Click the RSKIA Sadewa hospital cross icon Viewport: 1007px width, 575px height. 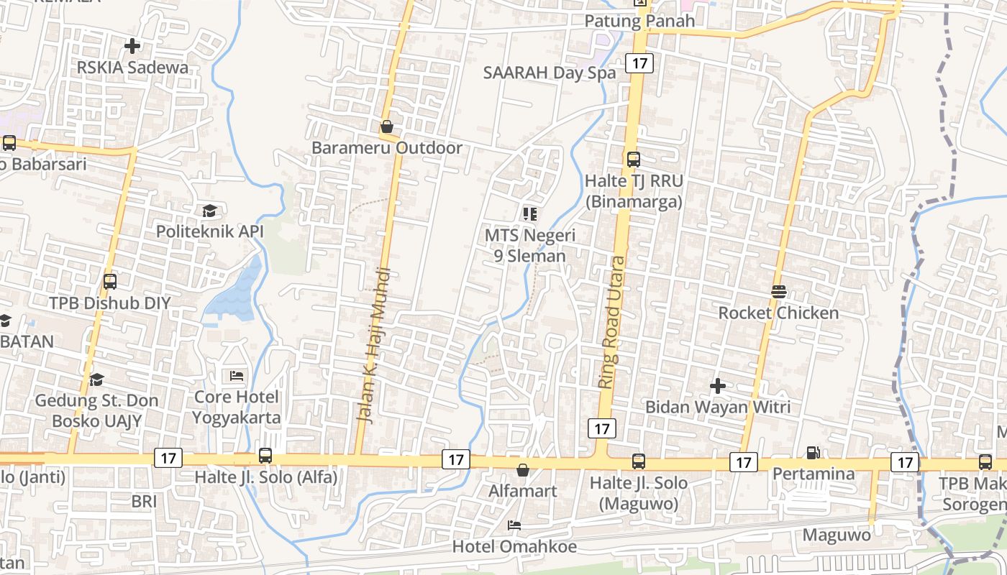pos(132,46)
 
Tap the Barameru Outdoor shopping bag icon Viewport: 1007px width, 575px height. pos(387,127)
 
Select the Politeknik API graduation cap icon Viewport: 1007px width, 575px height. pos(209,211)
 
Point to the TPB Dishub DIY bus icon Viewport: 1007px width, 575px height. pos(110,282)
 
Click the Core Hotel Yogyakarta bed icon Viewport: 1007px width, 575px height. pos(237,376)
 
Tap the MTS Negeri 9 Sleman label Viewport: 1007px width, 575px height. pos(530,245)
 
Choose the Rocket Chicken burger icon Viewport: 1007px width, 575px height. pos(779,292)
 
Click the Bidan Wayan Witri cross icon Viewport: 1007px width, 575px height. pos(717,386)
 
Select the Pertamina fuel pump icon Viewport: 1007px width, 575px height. pos(813,453)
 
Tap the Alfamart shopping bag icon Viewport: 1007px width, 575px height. pos(523,470)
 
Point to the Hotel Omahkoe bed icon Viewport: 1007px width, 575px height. pos(514,525)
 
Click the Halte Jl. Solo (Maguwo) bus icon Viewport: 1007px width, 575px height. pos(639,461)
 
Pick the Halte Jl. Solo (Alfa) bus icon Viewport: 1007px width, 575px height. pos(265,456)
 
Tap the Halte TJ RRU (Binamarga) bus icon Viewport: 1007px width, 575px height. pos(633,160)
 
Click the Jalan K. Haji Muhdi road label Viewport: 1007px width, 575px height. pos(375,345)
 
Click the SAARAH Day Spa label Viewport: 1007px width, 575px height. pos(550,73)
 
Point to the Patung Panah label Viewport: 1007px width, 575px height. pos(639,21)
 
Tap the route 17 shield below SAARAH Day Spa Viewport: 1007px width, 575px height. pos(639,63)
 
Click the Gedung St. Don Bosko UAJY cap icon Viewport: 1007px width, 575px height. pos(96,379)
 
